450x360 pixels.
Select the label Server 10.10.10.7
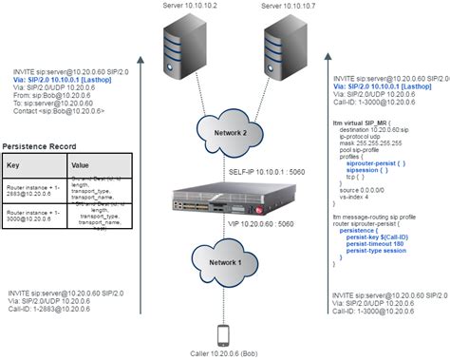(286, 8)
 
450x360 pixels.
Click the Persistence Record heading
(40, 145)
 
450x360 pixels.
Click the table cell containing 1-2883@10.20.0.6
(33, 192)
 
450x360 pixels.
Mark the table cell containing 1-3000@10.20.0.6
(33, 219)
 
